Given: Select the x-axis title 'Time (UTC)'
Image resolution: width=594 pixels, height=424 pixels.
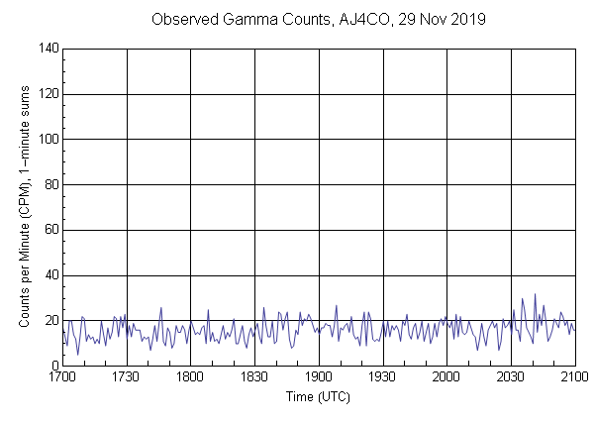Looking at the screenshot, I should [319, 396].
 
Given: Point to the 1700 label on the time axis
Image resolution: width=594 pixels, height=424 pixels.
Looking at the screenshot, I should [62, 377].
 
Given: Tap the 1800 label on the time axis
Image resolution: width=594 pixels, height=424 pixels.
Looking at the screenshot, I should [191, 377].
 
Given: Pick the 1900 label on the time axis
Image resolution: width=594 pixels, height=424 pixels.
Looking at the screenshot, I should [319, 377].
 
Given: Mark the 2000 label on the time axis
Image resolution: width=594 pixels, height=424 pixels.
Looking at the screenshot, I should [446, 377].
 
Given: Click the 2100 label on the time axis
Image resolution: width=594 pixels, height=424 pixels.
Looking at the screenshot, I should [574, 377].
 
